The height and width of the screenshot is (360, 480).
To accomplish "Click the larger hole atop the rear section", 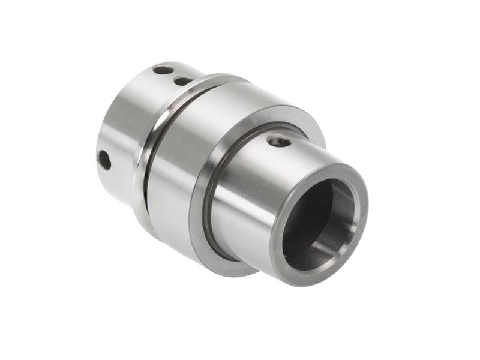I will tap(163, 70).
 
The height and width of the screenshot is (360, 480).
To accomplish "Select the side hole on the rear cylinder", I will tap(104, 160).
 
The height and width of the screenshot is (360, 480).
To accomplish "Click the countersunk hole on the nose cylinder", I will tap(279, 142).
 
